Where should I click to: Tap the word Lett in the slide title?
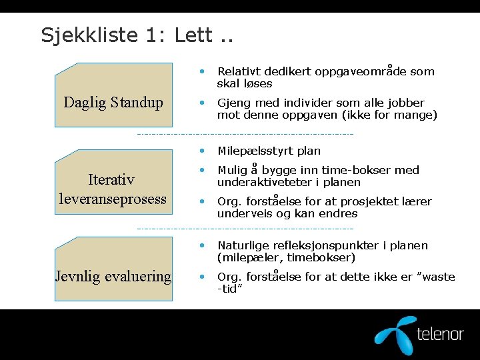click(195, 35)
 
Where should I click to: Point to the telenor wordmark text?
click(439, 333)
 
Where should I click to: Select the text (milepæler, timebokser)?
click(286, 258)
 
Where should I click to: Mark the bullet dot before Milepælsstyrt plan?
click(202, 150)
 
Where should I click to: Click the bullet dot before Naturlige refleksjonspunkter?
click(202, 245)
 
